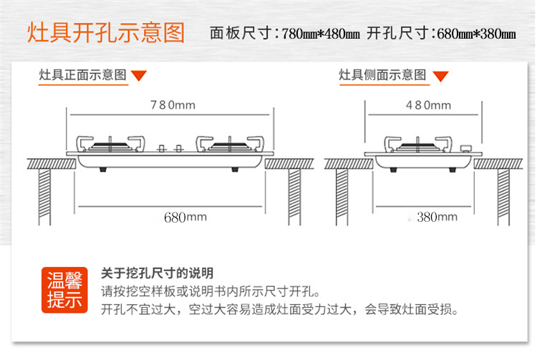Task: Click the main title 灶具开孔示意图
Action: (106, 34)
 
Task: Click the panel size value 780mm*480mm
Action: (321, 34)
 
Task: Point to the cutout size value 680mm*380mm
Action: (476, 34)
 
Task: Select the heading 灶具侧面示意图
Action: (382, 74)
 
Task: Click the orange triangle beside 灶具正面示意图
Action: (140, 75)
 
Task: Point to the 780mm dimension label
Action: (172, 105)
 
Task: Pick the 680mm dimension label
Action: (185, 216)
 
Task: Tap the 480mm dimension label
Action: (428, 105)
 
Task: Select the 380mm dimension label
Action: (437, 216)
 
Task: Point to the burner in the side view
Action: (415, 144)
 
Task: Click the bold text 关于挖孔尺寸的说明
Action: (157, 273)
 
